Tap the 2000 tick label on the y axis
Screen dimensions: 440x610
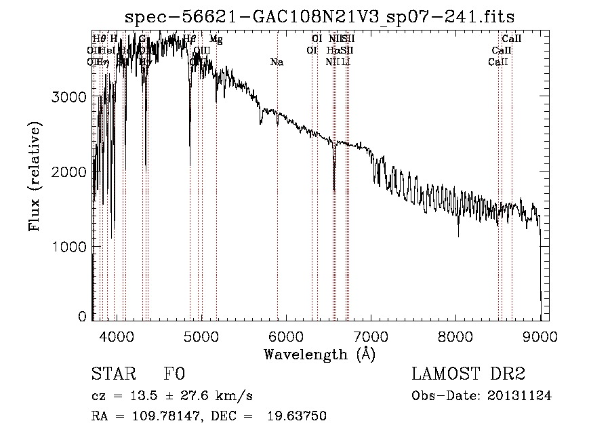coord(70,172)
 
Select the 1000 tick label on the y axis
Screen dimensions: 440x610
coord(70,247)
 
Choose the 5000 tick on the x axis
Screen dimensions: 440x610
coord(201,335)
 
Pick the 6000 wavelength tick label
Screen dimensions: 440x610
coord(286,335)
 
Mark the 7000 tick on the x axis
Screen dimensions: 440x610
coord(371,335)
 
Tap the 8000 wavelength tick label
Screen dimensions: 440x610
coord(455,335)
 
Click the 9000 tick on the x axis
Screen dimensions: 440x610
coord(540,335)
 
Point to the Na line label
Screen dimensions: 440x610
coord(277,62)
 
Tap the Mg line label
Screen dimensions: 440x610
coord(216,40)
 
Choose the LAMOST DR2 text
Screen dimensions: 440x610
coord(468,374)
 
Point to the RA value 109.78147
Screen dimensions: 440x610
coord(155,416)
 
